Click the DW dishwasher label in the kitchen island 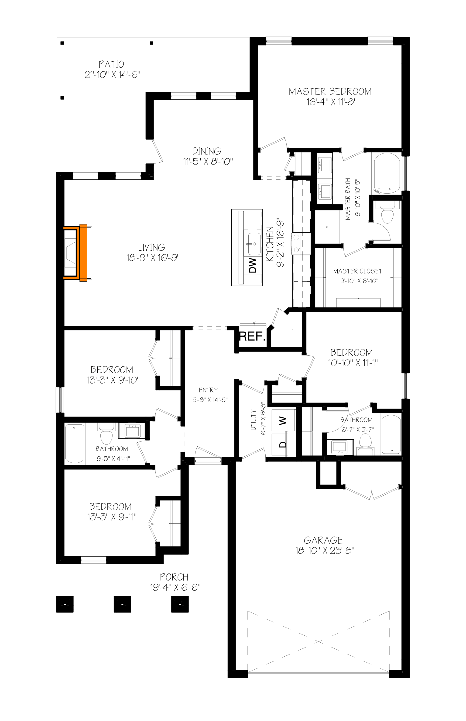point(253,265)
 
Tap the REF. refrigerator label point(252,336)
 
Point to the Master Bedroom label point(330,91)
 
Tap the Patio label point(111,64)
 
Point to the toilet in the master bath point(387,212)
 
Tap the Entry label point(209,390)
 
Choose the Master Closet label point(358,271)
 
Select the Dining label point(207,151)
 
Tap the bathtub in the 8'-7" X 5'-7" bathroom point(391,435)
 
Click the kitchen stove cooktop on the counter point(296,244)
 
